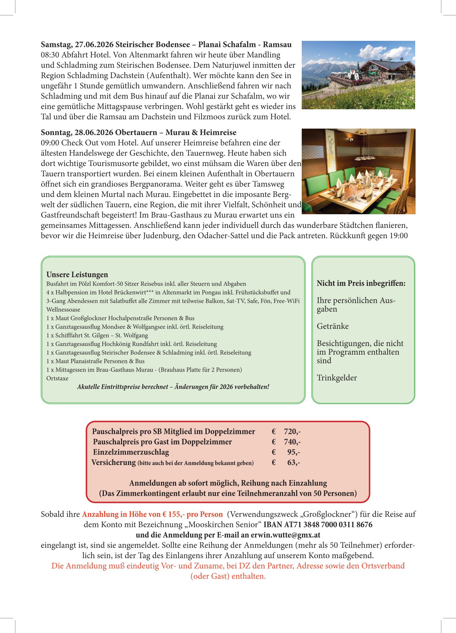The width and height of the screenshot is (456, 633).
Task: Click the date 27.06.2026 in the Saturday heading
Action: pyautogui.click(x=94, y=45)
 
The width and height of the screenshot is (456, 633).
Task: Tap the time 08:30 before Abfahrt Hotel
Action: pyautogui.click(x=50, y=55)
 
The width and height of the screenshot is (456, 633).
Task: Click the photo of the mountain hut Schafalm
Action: pyautogui.click(x=358, y=75)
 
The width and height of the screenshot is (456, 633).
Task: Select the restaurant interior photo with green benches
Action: pyautogui.click(x=358, y=171)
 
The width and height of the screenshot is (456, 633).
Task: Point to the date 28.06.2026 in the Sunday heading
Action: pyautogui.click(x=94, y=133)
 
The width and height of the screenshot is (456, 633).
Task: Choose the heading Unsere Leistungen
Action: pyautogui.click(x=77, y=275)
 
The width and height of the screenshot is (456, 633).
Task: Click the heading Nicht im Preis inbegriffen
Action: pyautogui.click(x=361, y=283)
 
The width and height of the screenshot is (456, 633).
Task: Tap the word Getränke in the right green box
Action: pyautogui.click(x=333, y=326)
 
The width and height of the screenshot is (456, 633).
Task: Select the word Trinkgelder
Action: pyautogui.click(x=336, y=378)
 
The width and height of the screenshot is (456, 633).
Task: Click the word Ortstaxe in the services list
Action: pyautogui.click(x=57, y=378)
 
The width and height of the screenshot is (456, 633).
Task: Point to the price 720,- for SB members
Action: pyautogui.click(x=292, y=432)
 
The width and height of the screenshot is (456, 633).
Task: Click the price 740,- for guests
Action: pyautogui.click(x=292, y=442)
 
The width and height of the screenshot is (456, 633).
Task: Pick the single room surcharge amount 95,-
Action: pyautogui.click(x=294, y=452)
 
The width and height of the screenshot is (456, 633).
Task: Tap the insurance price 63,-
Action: pyautogui.click(x=294, y=463)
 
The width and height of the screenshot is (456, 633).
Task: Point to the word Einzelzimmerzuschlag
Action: pyautogui.click(x=131, y=452)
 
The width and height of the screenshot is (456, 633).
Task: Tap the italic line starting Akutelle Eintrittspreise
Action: pyautogui.click(x=173, y=387)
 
